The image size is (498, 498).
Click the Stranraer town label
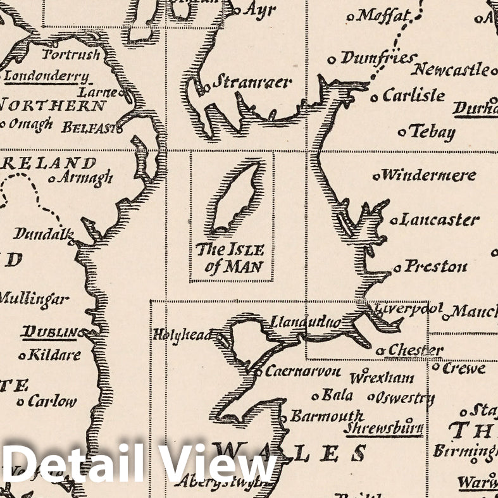coord(251,82)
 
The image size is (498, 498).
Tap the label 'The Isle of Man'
coord(230,258)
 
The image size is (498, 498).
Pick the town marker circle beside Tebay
coord(402,133)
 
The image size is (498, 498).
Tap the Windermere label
coord(428,175)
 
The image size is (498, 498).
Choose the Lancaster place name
coord(440,220)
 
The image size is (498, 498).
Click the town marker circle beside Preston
coord(397,268)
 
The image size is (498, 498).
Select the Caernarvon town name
coord(302,372)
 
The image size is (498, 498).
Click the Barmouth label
coord(327,416)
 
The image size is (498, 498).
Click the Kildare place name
coord(54,355)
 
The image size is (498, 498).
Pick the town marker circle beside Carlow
coord(21,402)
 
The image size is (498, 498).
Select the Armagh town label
coord(85,178)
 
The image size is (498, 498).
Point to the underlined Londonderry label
coord(46,77)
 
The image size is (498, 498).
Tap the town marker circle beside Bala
coord(315,397)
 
